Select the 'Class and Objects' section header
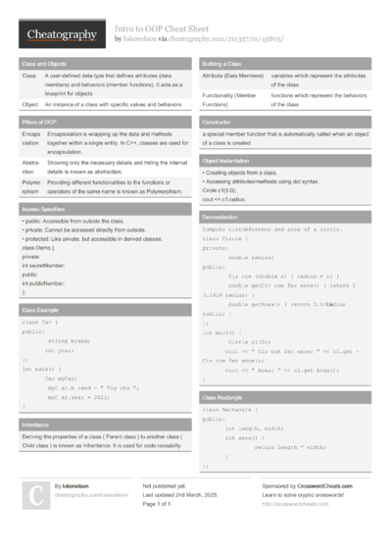(x=46, y=63)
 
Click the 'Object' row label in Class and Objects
(x=29, y=103)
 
